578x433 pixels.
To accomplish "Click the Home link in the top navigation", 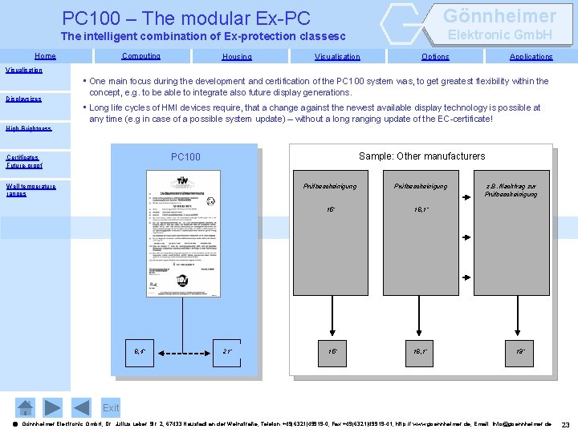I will (x=45, y=56).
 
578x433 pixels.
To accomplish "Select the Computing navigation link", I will (x=140, y=56).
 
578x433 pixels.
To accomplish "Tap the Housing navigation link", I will (x=237, y=57).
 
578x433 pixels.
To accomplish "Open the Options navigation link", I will (x=435, y=57).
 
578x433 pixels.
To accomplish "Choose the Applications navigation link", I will (x=531, y=57).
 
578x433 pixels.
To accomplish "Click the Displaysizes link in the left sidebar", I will (x=23, y=99).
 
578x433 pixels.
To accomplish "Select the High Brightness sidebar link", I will (x=28, y=127).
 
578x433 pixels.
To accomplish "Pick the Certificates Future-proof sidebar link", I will (x=24, y=161).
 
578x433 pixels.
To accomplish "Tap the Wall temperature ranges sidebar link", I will (x=31, y=189).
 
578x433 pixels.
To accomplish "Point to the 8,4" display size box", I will (x=140, y=351).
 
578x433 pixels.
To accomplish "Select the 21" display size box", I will (x=228, y=351).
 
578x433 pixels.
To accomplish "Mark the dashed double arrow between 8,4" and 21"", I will (x=184, y=351).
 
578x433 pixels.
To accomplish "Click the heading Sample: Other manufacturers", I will (x=421, y=156).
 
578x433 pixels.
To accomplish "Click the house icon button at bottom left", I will (x=26, y=407).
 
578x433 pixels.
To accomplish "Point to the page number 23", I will (x=565, y=424).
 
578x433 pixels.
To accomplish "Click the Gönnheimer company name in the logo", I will (x=499, y=16).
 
